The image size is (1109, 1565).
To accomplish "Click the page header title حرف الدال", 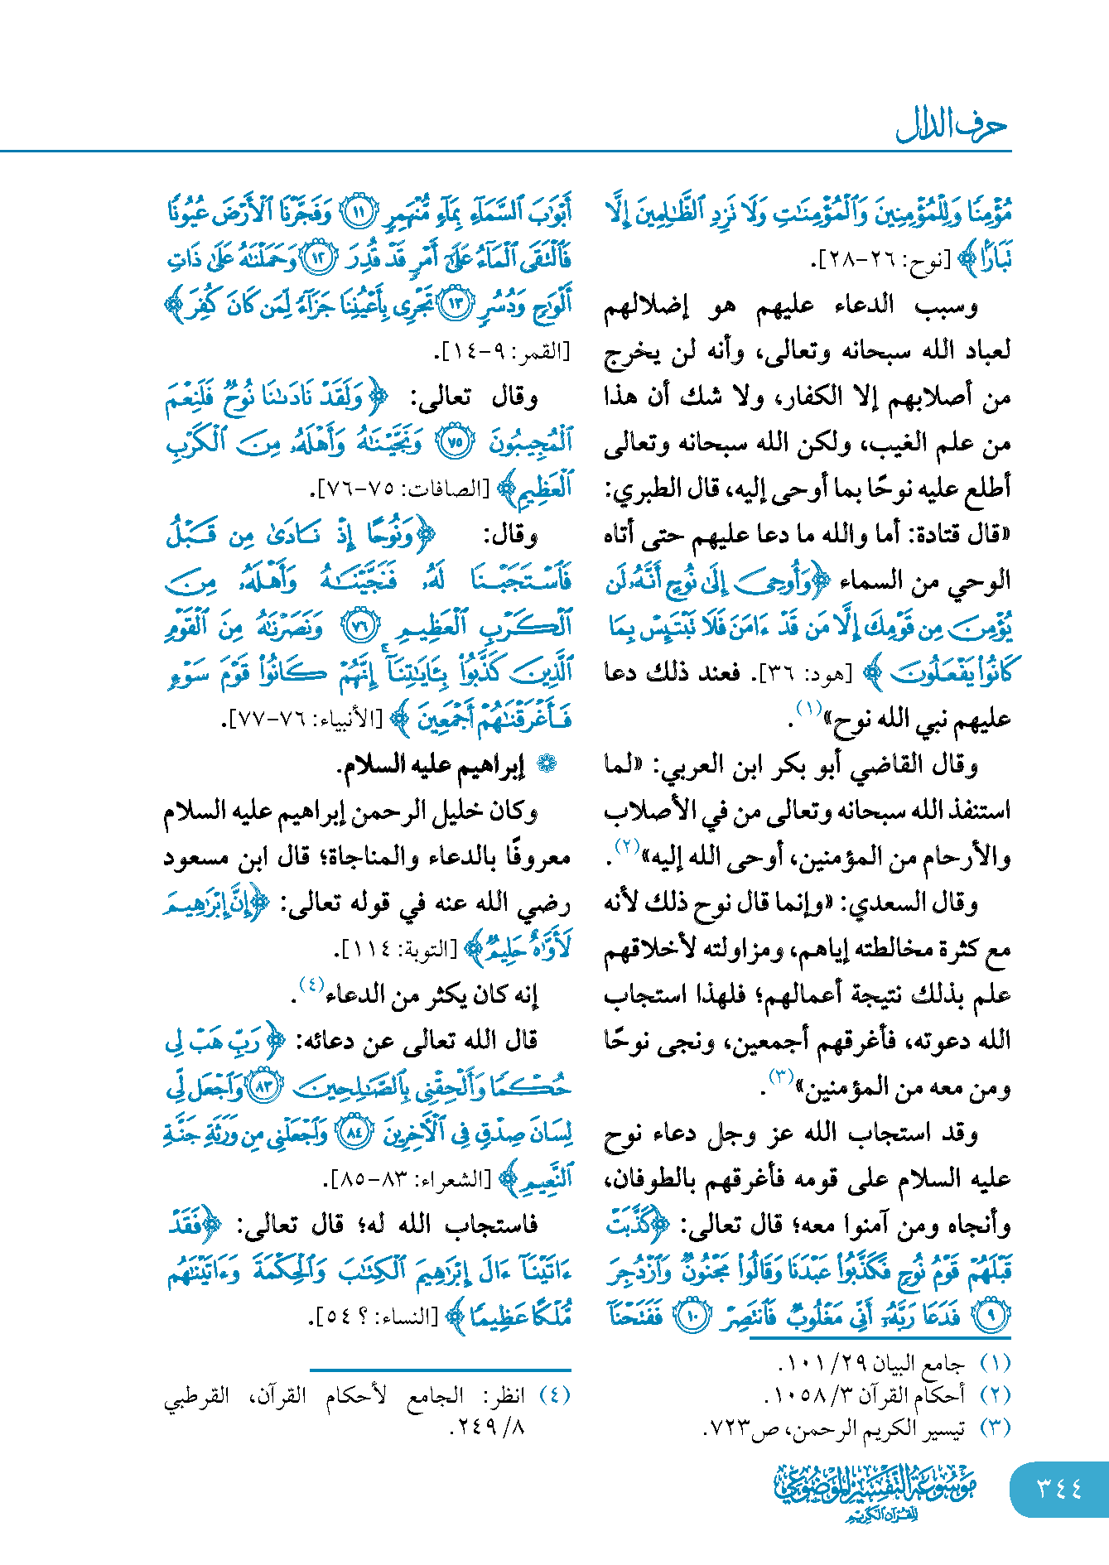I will (951, 126).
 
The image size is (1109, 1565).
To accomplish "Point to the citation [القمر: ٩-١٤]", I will (503, 352).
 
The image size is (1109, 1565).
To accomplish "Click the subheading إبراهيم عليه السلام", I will (430, 766).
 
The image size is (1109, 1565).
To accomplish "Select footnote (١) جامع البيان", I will (894, 1362).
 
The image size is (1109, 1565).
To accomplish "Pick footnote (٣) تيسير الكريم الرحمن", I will (856, 1428).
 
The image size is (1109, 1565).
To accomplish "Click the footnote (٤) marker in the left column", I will (554, 1394).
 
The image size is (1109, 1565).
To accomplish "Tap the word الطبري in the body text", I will (638, 489).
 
